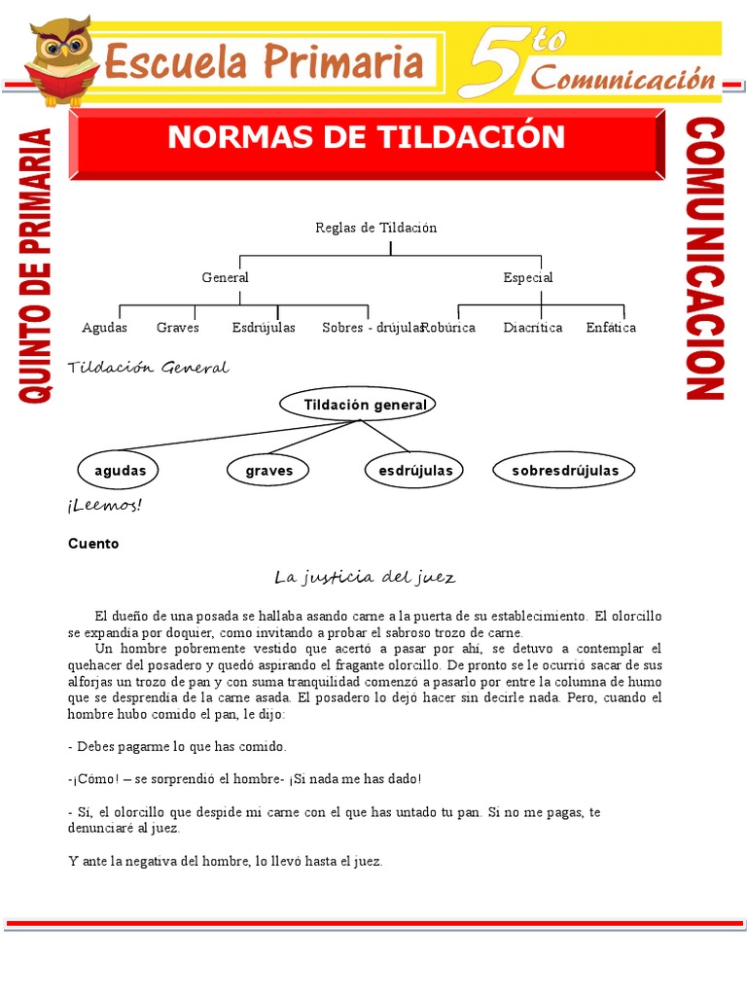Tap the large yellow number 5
pyautogui.click(x=501, y=60)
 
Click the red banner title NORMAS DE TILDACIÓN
pyautogui.click(x=366, y=137)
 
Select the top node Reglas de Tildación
pyautogui.click(x=376, y=228)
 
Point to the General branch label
pyautogui.click(x=225, y=277)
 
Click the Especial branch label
pyautogui.click(x=528, y=277)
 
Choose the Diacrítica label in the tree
pyautogui.click(x=533, y=328)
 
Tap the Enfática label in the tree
pyautogui.click(x=611, y=328)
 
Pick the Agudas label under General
pyautogui.click(x=105, y=328)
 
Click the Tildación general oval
pyautogui.click(x=357, y=405)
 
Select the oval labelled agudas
pyautogui.click(x=120, y=471)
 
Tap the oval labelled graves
pyautogui.click(x=269, y=471)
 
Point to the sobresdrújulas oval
pyautogui.click(x=565, y=471)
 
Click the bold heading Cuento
pyautogui.click(x=93, y=544)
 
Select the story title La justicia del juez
pyautogui.click(x=365, y=578)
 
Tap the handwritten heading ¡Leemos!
pyautogui.click(x=105, y=505)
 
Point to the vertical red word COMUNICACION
pyautogui.click(x=706, y=260)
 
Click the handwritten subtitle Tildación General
pyautogui.click(x=148, y=368)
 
